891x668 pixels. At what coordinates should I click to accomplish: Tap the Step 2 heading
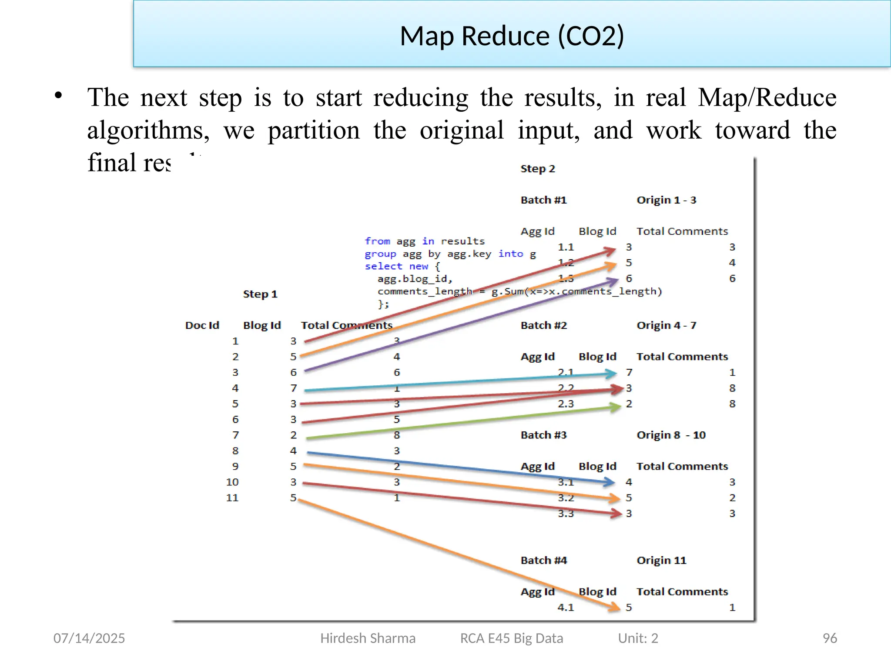pos(538,169)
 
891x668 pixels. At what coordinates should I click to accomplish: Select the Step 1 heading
pos(260,294)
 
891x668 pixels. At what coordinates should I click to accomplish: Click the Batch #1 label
pos(543,200)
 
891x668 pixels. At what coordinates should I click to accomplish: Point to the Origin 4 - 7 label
pos(666,325)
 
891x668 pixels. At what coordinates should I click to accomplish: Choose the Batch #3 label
pos(543,435)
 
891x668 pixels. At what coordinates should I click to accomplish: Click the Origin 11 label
pos(661,560)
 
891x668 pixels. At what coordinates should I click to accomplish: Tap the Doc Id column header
pos(202,325)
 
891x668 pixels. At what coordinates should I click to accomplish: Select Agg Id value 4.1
pos(566,607)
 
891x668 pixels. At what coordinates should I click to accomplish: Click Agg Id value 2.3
pos(566,404)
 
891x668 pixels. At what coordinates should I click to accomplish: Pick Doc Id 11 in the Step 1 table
pos(232,498)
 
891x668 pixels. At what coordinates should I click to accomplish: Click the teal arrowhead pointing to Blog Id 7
pos(611,373)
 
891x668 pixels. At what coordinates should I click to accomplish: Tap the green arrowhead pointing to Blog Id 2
pos(615,407)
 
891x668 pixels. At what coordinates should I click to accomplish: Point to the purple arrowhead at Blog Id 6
pos(613,281)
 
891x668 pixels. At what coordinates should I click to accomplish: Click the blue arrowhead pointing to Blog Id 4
pos(609,481)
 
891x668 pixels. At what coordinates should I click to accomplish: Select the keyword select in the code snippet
pos(383,266)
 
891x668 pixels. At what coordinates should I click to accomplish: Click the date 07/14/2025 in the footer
pos(89,638)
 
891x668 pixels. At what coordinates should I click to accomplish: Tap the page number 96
pos(830,638)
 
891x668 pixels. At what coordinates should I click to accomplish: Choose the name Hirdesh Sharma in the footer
pos(368,638)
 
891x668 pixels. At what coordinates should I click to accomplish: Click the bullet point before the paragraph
pos(59,96)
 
